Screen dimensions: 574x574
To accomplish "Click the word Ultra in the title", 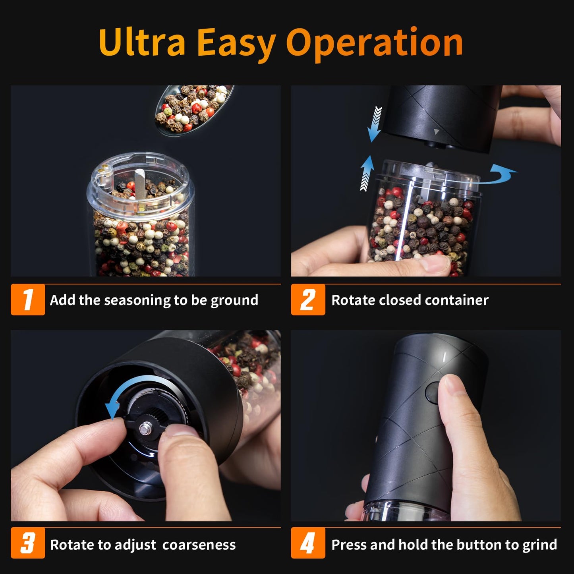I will click(142, 42).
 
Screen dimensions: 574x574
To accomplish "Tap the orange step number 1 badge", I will click(28, 300).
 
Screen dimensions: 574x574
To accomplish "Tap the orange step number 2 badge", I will click(308, 300).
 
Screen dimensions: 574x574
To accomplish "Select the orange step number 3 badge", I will click(28, 543).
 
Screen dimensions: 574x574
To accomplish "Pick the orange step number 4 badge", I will click(308, 543).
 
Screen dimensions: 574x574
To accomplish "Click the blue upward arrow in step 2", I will click(367, 173).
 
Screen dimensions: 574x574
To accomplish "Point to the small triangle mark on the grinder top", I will click(437, 131).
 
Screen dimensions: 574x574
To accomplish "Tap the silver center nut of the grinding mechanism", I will click(143, 428).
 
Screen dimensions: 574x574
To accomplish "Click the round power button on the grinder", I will click(433, 392).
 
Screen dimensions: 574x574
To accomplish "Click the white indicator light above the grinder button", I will click(444, 357).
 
